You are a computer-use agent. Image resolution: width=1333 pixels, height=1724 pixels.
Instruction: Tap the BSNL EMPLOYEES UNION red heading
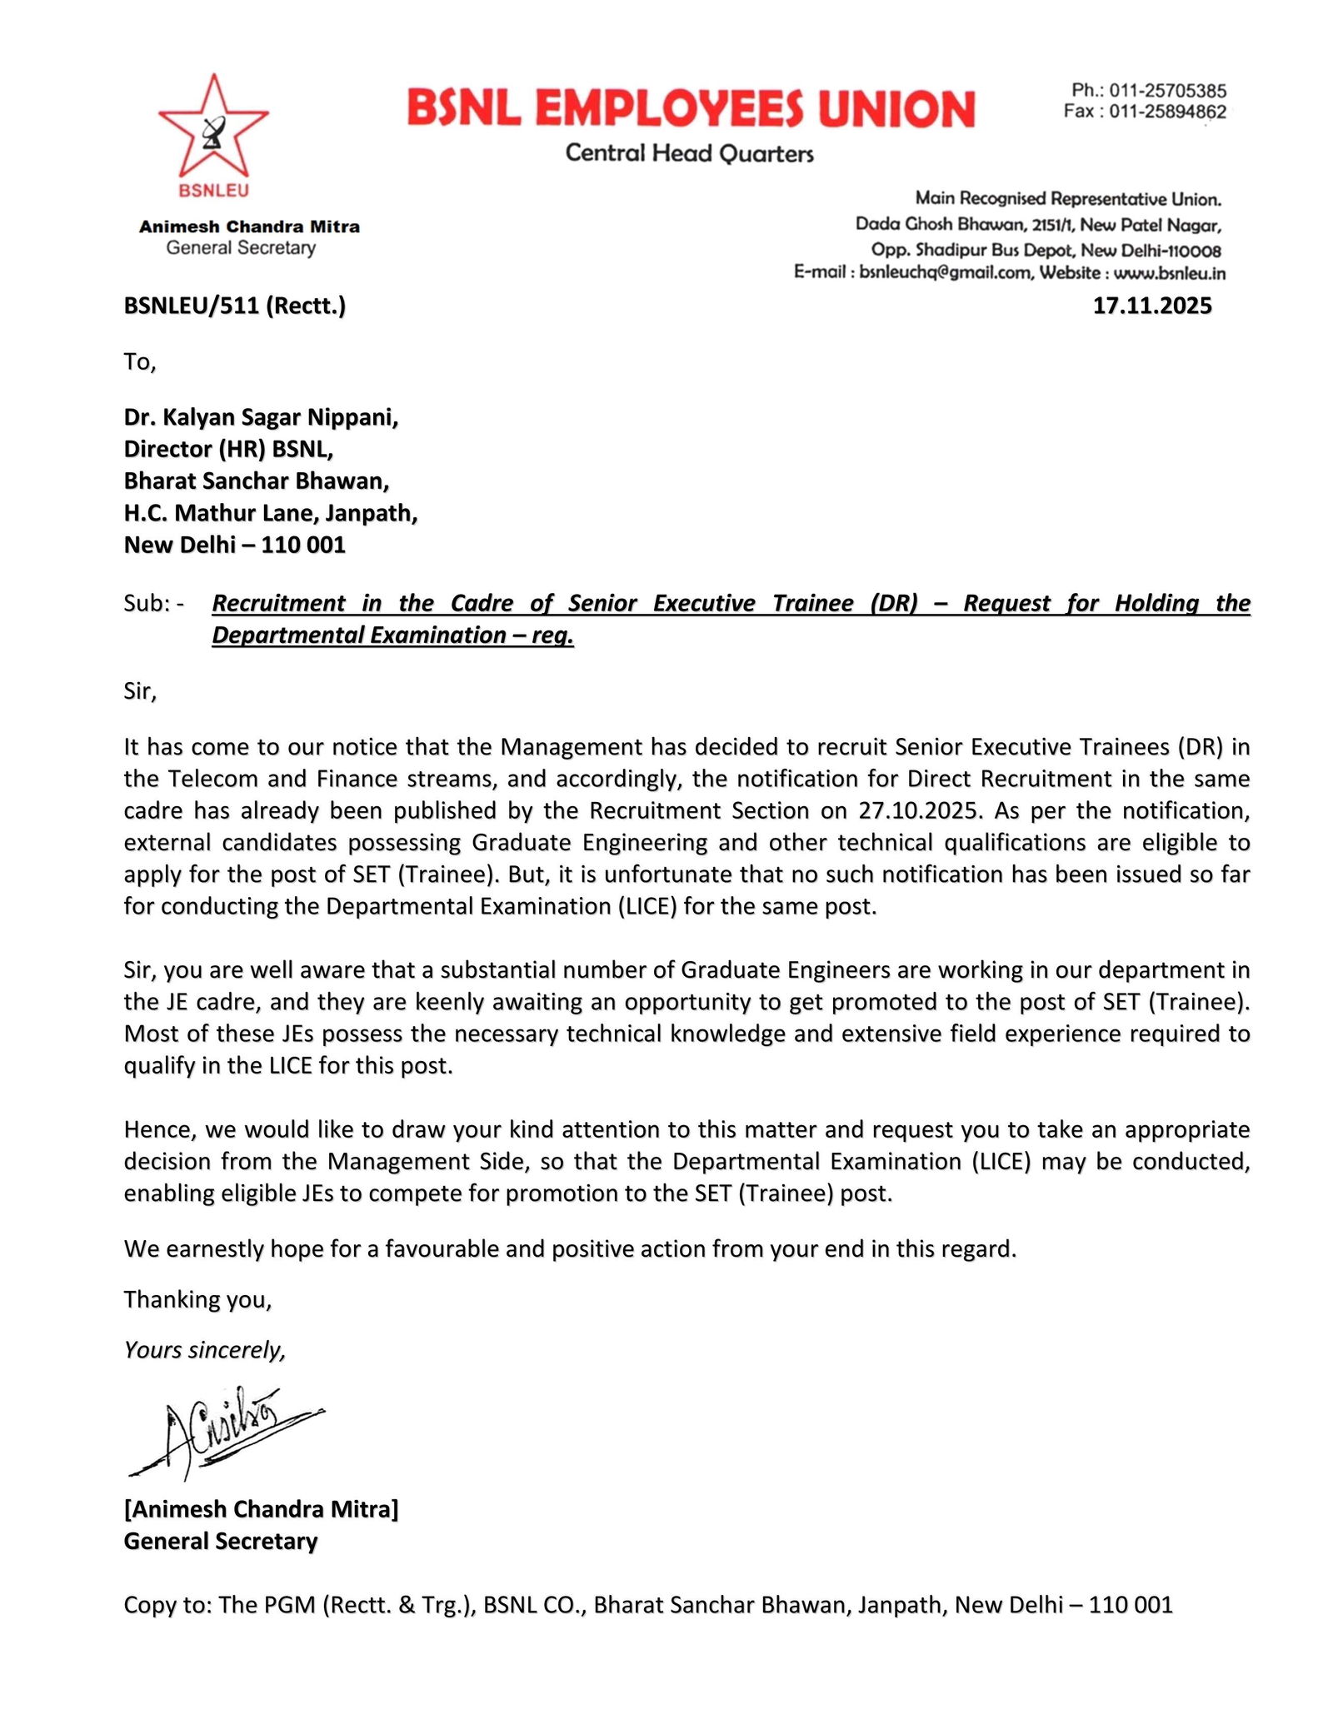(x=691, y=109)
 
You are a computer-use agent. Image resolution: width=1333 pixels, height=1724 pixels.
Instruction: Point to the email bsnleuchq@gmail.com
(x=945, y=272)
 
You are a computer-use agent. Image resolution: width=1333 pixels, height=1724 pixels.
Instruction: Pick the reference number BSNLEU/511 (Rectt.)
(x=234, y=306)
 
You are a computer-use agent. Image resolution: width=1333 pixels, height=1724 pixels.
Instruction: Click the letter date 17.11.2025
(x=1151, y=306)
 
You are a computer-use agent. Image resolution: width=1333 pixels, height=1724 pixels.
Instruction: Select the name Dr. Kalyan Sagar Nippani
(x=261, y=417)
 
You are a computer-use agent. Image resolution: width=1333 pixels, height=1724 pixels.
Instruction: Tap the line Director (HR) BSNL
(x=228, y=450)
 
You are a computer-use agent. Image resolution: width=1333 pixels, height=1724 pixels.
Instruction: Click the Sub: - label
(x=154, y=603)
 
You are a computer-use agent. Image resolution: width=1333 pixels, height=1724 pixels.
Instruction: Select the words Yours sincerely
(x=204, y=1350)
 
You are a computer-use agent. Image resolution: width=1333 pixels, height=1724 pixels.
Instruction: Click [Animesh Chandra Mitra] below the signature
(x=261, y=1509)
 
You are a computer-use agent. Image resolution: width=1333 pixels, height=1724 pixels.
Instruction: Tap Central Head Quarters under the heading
(x=689, y=153)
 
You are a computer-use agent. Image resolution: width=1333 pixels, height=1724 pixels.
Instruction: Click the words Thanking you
(x=197, y=1299)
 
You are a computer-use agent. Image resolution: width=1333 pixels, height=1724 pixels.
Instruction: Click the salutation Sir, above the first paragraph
(x=140, y=691)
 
